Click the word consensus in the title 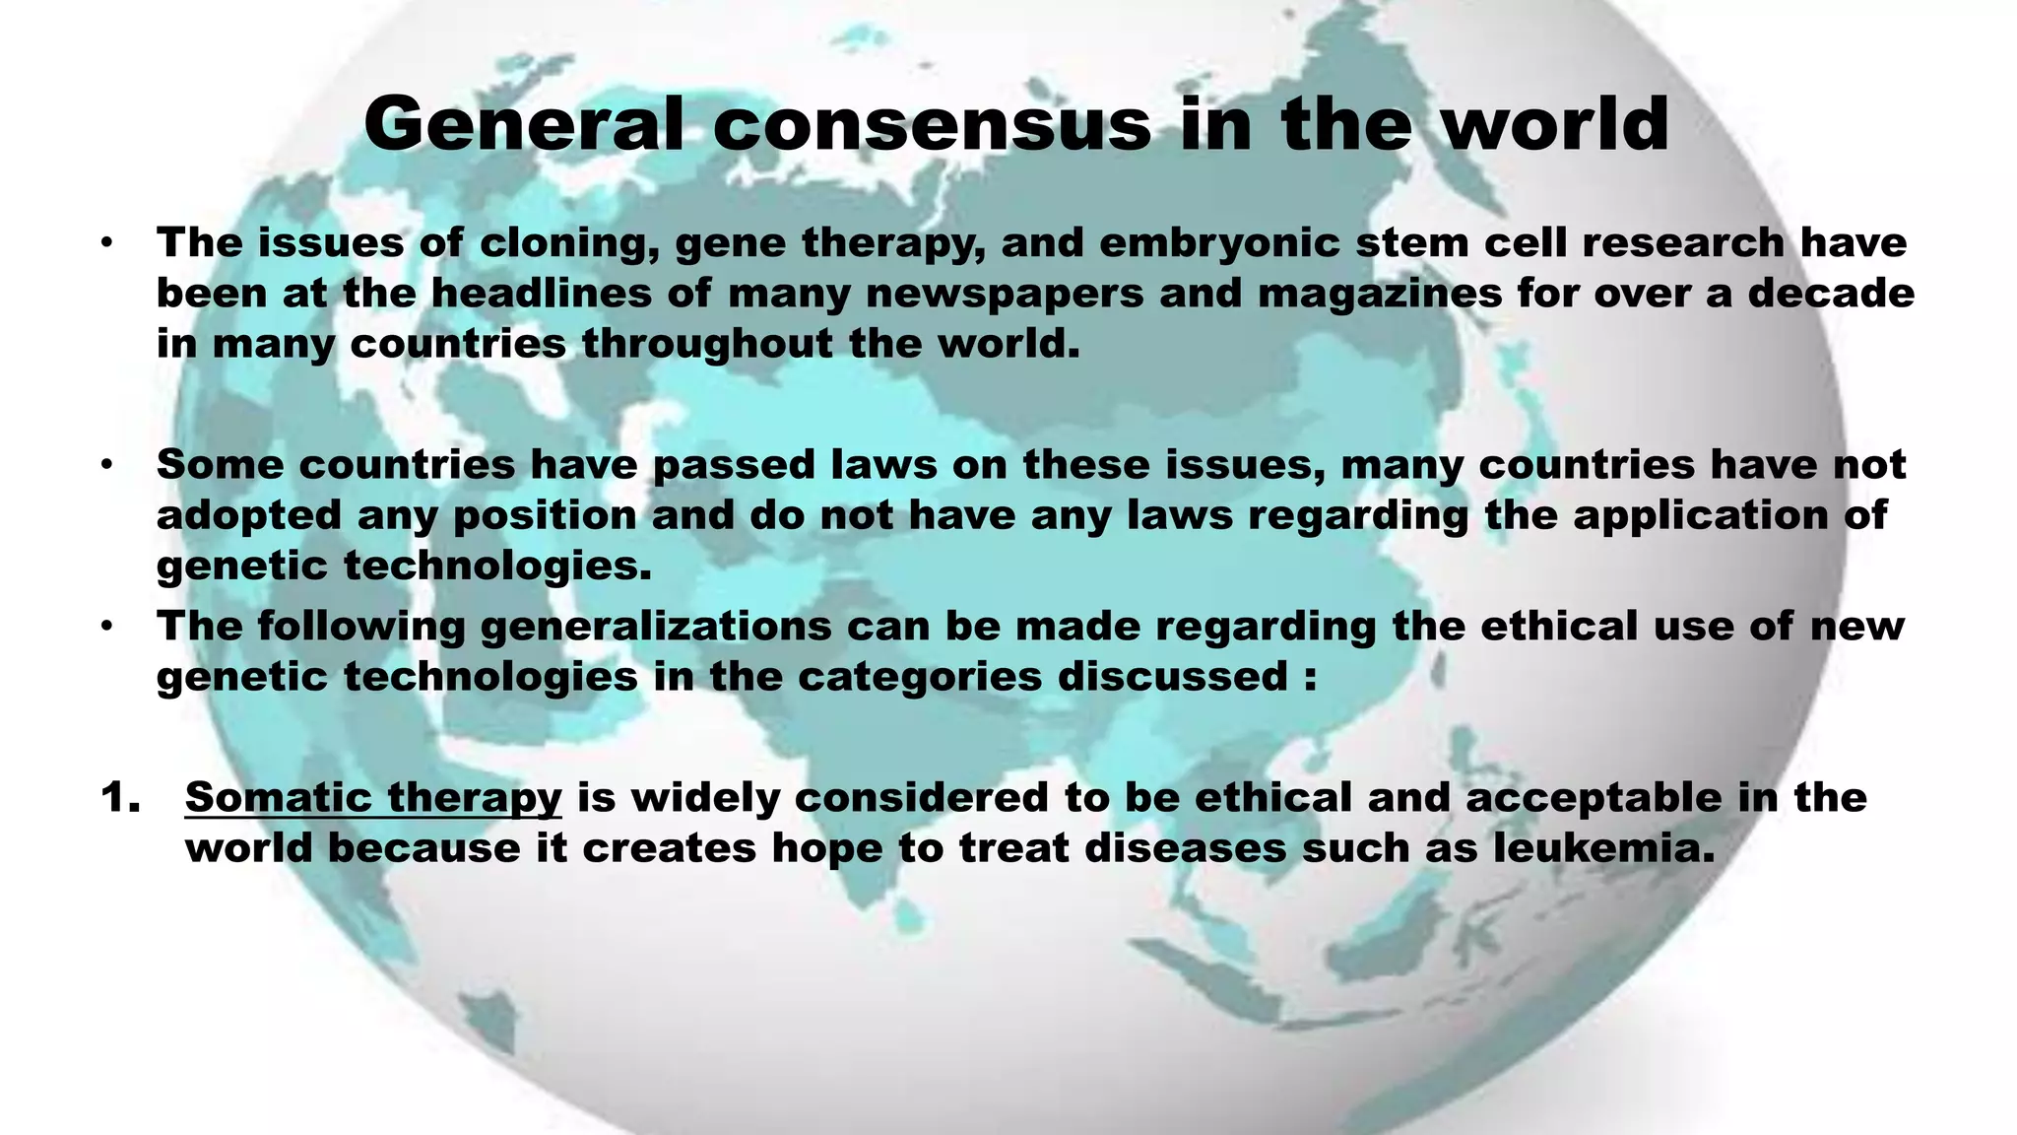coord(932,125)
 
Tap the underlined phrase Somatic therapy coord(373,797)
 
